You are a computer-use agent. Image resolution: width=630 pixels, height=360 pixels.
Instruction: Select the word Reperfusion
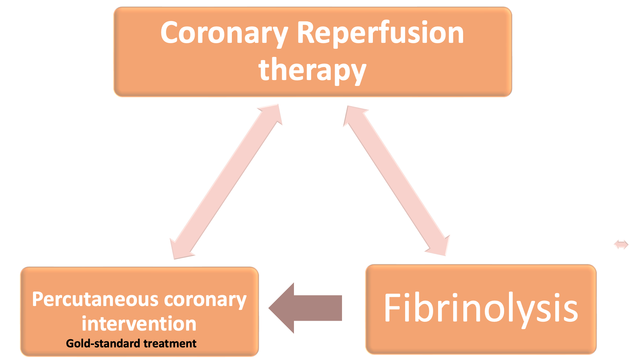[x=380, y=33]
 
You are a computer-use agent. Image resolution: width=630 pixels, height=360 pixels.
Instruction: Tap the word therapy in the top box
[x=312, y=70]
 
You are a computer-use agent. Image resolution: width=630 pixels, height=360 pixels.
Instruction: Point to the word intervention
[x=139, y=324]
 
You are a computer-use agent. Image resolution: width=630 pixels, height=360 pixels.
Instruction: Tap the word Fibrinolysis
[x=481, y=308]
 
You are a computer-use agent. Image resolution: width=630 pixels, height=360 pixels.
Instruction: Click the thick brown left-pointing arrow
[x=309, y=308]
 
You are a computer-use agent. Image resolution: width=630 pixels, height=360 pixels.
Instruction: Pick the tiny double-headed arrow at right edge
[x=621, y=245]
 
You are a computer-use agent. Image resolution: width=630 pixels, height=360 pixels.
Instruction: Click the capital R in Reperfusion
[x=306, y=33]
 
